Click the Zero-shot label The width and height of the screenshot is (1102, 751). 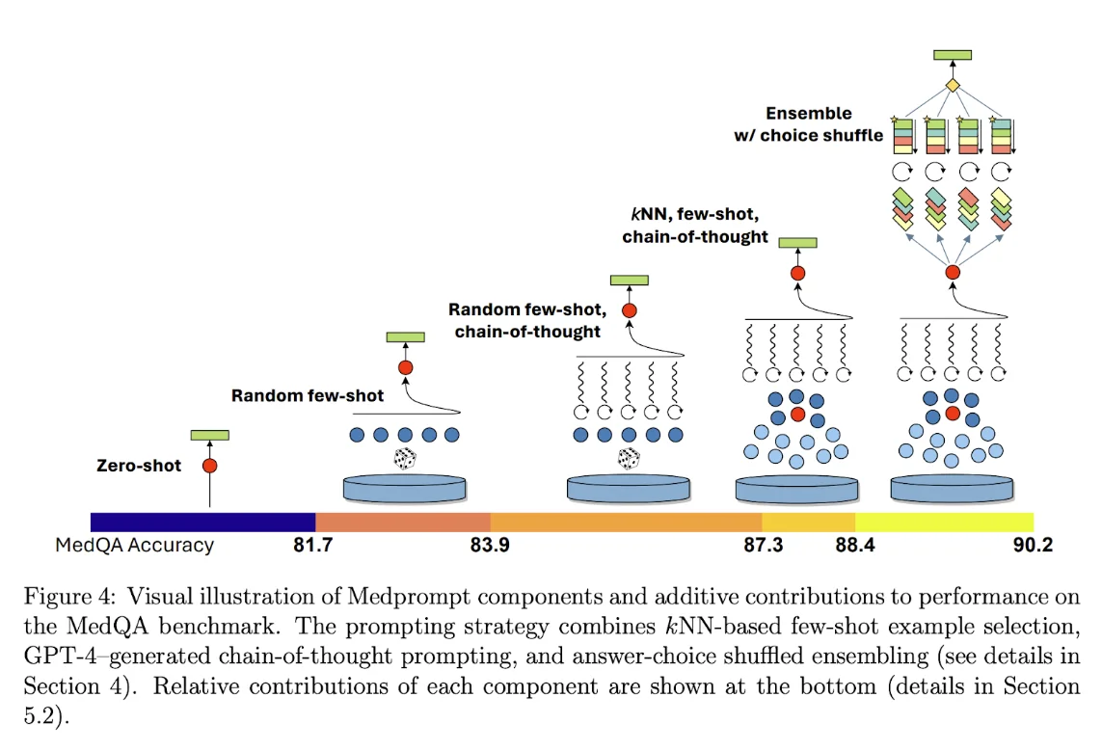pyautogui.click(x=139, y=466)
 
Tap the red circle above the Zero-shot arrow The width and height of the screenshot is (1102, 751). pyautogui.click(x=209, y=466)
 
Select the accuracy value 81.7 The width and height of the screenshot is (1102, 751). pyautogui.click(x=312, y=546)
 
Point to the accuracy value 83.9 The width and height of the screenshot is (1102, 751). pyautogui.click(x=490, y=546)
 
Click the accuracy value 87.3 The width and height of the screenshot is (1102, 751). pyautogui.click(x=763, y=546)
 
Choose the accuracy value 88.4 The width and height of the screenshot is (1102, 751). pyautogui.click(x=856, y=546)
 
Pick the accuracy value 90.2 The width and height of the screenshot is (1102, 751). pyautogui.click(x=1033, y=546)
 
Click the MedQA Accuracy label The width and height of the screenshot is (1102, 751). pyautogui.click(x=134, y=546)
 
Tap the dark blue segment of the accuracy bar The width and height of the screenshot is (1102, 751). pyautogui.click(x=202, y=523)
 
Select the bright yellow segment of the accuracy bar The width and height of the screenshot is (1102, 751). pyautogui.click(x=945, y=523)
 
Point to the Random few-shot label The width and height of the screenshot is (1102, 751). pyautogui.click(x=308, y=395)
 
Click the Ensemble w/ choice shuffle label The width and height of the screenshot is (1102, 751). pyautogui.click(x=809, y=124)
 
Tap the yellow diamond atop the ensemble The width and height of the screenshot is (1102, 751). pyautogui.click(x=953, y=87)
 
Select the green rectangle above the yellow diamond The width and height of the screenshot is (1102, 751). pyautogui.click(x=953, y=55)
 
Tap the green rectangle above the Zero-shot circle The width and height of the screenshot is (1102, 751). pyautogui.click(x=209, y=436)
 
